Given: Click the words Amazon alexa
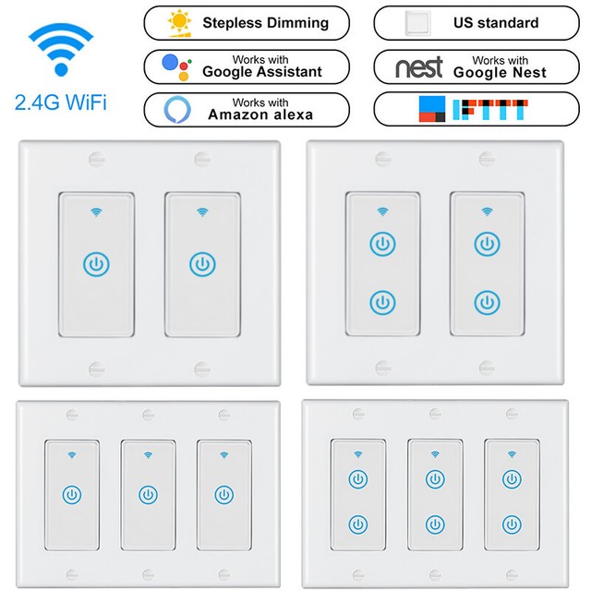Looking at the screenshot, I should (x=259, y=115).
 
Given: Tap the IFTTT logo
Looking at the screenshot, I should (x=459, y=109).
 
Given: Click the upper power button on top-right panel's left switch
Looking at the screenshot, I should (x=381, y=244).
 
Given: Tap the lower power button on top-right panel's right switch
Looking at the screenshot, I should (x=487, y=301).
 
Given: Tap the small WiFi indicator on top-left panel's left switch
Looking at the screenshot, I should (x=96, y=212).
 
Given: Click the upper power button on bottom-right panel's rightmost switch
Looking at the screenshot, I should (x=511, y=478).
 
